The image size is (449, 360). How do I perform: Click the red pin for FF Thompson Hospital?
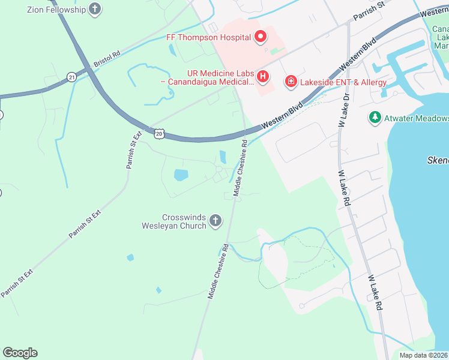tap(261, 37)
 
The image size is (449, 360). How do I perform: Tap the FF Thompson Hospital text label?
tap(208, 37)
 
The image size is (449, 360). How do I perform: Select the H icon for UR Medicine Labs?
tap(262, 77)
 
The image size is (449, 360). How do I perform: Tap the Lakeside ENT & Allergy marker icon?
tap(291, 81)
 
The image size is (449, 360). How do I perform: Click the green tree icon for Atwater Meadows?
tap(375, 117)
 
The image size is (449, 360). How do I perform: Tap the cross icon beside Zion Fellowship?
tap(94, 8)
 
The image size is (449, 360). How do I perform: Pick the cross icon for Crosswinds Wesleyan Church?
tap(215, 222)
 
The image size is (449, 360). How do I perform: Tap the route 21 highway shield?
tap(72, 77)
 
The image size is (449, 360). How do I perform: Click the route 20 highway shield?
tap(158, 134)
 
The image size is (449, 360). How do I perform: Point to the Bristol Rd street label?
tap(107, 58)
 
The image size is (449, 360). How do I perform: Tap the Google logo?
tap(20, 353)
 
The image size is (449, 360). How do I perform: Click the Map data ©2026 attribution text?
tap(423, 355)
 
